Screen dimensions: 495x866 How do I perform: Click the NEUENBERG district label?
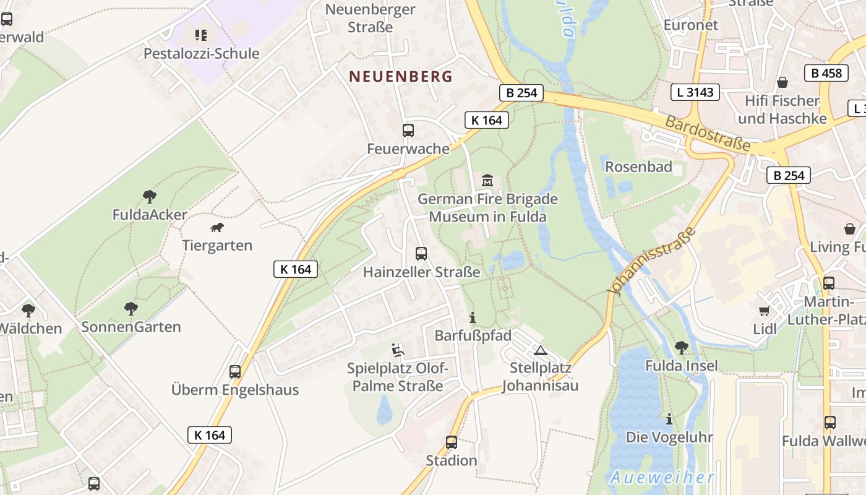[401, 77]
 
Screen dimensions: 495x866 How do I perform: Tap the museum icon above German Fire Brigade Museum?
[487, 181]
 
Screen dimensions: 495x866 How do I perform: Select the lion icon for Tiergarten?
[217, 228]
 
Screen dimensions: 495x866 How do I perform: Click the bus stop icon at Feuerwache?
[408, 131]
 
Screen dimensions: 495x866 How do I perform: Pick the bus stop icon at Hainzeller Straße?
[421, 253]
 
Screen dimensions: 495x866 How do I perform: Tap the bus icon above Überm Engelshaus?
[235, 371]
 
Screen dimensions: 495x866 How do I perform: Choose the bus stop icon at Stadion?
[452, 442]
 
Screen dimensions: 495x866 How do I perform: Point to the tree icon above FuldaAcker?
[149, 197]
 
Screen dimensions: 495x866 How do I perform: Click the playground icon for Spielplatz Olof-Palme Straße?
[398, 351]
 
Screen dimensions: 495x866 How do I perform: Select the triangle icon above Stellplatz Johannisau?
[541, 350]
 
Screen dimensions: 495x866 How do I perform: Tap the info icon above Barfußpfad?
[473, 318]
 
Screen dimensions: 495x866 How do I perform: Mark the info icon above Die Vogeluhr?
[669, 419]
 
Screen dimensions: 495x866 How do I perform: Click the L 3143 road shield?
[695, 93]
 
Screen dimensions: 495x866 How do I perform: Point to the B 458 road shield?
[826, 73]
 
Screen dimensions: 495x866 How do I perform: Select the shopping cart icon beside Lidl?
[765, 311]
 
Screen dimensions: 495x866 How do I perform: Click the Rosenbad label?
[638, 166]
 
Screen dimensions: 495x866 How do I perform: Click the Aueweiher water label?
[662, 478]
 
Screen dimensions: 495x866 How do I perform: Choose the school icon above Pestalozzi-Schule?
[201, 35]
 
